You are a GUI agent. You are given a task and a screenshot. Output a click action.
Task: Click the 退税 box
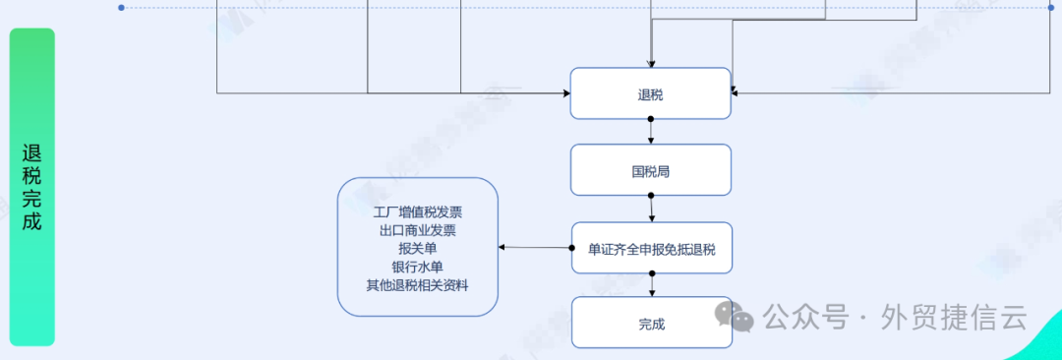(651, 93)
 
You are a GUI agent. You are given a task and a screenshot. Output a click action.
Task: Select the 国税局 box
(651, 170)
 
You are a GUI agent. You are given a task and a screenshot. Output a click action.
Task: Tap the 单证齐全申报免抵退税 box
(651, 248)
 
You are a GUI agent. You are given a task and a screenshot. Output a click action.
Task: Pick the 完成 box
(651, 323)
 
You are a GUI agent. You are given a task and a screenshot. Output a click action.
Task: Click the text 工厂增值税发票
(418, 211)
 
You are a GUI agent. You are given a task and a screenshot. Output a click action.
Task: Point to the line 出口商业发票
(418, 230)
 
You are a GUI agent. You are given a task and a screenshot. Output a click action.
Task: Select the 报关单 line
(418, 249)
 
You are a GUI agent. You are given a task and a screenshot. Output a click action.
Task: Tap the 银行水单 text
(418, 267)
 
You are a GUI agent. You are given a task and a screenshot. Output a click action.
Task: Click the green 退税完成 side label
(32, 187)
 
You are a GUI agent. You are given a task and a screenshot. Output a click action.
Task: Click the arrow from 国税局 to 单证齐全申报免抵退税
(651, 209)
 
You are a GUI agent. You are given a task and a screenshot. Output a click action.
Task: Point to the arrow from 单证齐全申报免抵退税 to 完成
(651, 284)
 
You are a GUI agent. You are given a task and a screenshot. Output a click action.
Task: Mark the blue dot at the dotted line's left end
(121, 7)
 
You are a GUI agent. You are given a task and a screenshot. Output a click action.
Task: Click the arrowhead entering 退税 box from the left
(566, 93)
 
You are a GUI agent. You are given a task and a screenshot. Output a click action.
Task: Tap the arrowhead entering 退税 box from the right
(736, 93)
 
